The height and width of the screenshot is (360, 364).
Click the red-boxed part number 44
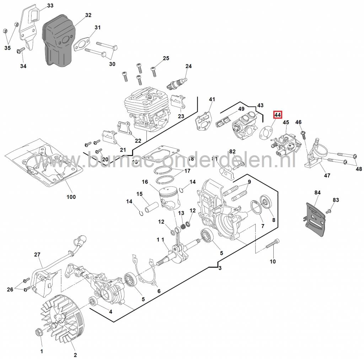coord(277,115)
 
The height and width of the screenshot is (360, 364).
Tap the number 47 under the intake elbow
coord(327,175)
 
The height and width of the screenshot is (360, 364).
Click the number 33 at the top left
coord(50,5)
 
